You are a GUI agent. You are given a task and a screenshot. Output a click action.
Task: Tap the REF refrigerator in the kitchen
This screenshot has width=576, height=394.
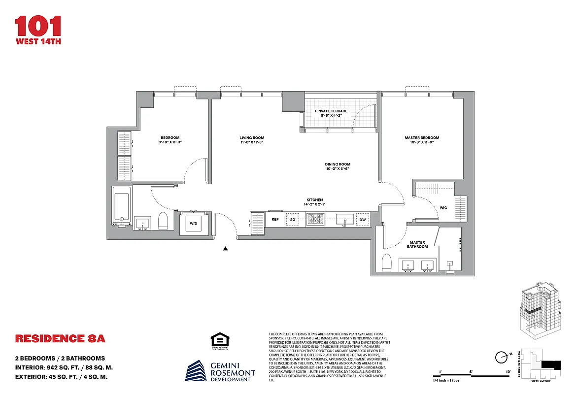275,219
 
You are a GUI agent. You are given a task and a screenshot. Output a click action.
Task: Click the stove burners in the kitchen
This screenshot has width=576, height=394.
315,219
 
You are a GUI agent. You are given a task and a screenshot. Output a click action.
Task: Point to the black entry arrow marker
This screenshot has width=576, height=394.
226,249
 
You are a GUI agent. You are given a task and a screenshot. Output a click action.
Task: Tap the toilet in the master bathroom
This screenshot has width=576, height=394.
387,263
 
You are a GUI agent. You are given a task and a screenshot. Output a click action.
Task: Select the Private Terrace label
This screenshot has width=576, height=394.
331,111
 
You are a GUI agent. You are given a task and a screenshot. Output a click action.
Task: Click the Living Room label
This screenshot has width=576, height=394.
252,138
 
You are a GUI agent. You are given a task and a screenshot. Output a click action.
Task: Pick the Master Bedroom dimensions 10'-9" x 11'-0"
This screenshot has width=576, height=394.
422,142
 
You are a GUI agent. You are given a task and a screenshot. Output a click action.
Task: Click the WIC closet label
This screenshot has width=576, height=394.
443,207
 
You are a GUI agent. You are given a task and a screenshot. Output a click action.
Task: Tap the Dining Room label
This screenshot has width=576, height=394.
338,164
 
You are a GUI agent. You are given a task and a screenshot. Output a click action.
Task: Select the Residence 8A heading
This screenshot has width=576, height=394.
60,339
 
